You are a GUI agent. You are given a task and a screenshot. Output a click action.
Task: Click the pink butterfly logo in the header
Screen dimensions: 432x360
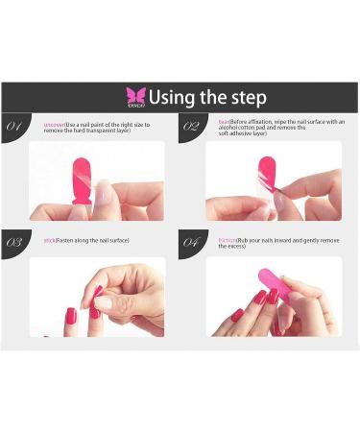click(135, 96)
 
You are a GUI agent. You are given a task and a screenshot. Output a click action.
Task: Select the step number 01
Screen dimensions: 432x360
click(16, 126)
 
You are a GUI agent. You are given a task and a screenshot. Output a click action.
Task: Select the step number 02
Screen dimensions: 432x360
click(191, 126)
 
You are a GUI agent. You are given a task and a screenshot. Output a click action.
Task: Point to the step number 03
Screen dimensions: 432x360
click(15, 242)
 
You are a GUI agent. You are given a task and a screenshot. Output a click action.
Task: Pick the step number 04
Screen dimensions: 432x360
click(191, 242)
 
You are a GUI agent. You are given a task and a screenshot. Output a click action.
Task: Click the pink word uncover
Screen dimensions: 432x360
click(55, 123)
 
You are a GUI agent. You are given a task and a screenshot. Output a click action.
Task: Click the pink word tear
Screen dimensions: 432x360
click(223, 122)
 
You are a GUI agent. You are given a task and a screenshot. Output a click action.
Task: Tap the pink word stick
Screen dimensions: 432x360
click(49, 239)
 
